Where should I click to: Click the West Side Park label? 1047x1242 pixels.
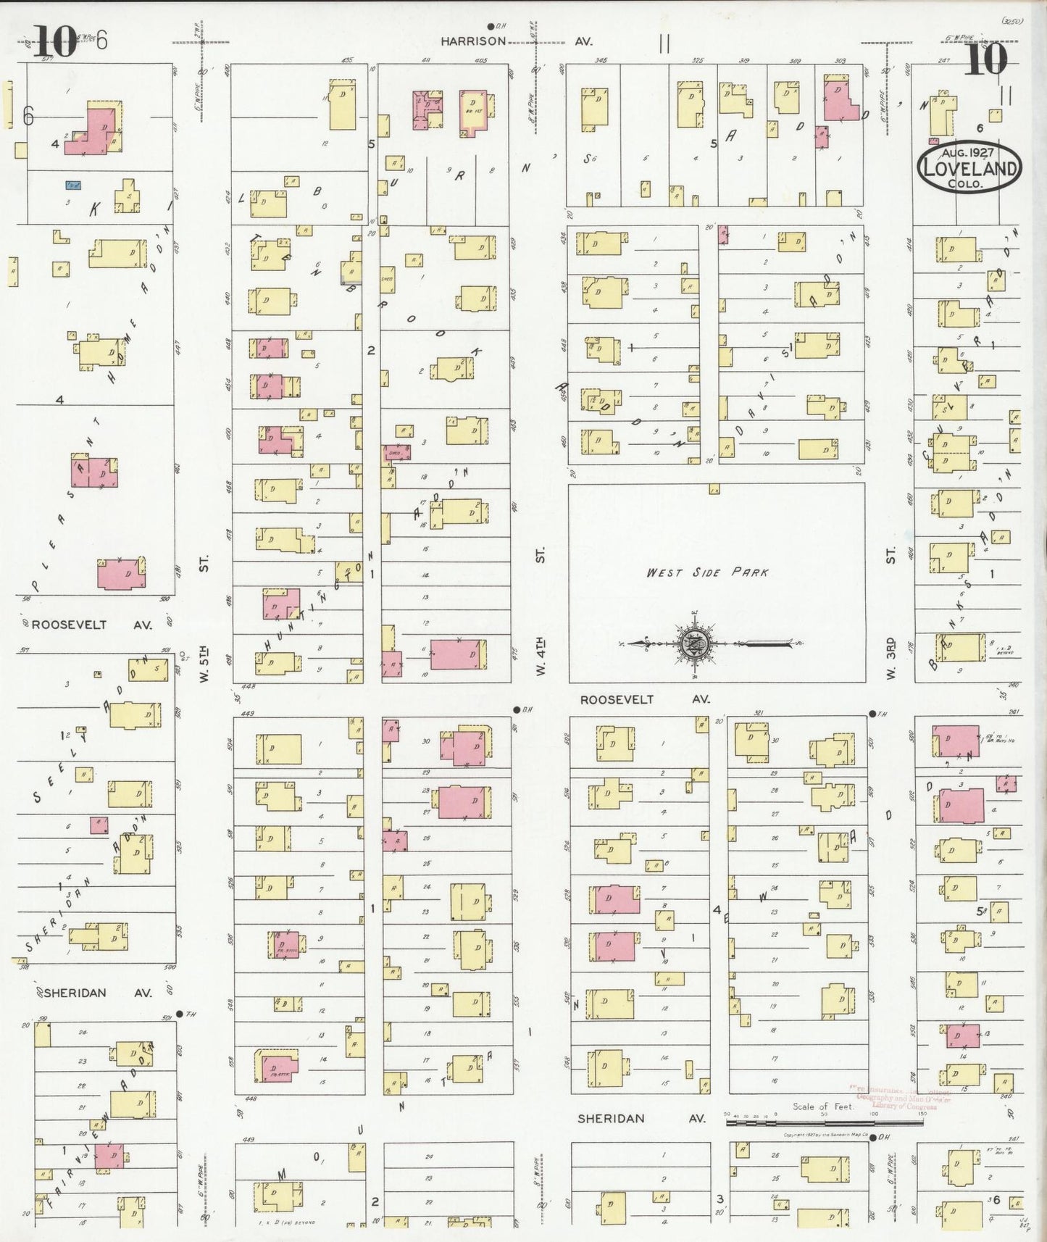(706, 572)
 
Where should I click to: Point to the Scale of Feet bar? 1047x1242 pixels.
(825, 1122)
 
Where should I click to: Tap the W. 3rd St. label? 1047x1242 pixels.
(890, 658)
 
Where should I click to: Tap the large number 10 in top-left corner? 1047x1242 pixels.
(55, 42)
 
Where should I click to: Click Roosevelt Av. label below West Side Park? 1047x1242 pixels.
(645, 699)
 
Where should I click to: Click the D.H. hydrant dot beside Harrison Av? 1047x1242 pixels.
(490, 26)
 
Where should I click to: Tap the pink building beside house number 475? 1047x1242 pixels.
(455, 654)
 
